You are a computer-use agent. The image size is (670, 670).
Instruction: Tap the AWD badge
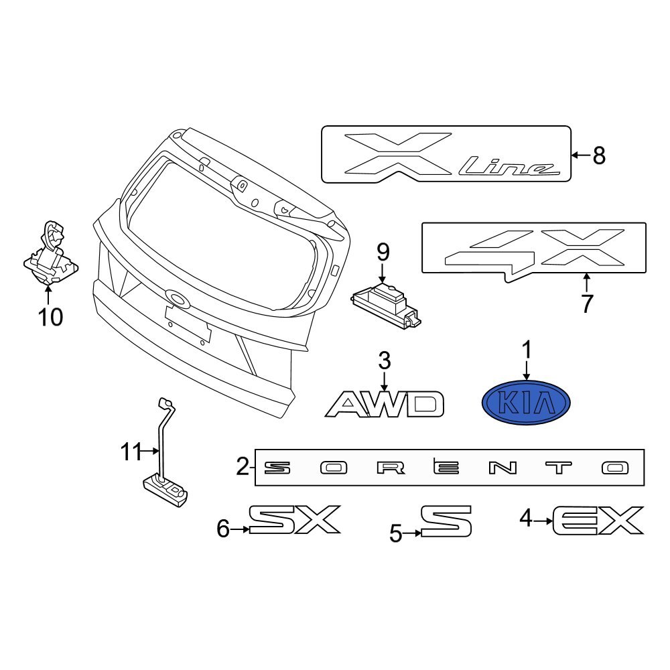click(x=385, y=405)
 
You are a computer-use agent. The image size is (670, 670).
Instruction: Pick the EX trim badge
click(x=598, y=521)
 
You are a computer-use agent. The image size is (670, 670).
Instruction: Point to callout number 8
click(x=598, y=156)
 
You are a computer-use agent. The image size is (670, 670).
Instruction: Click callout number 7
click(x=587, y=304)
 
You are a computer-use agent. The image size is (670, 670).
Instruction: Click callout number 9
click(x=383, y=253)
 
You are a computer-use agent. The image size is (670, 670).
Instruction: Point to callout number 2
click(x=243, y=466)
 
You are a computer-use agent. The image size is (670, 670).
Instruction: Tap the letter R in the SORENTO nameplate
click(x=389, y=468)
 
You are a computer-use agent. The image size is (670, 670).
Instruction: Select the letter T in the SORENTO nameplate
click(x=557, y=468)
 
